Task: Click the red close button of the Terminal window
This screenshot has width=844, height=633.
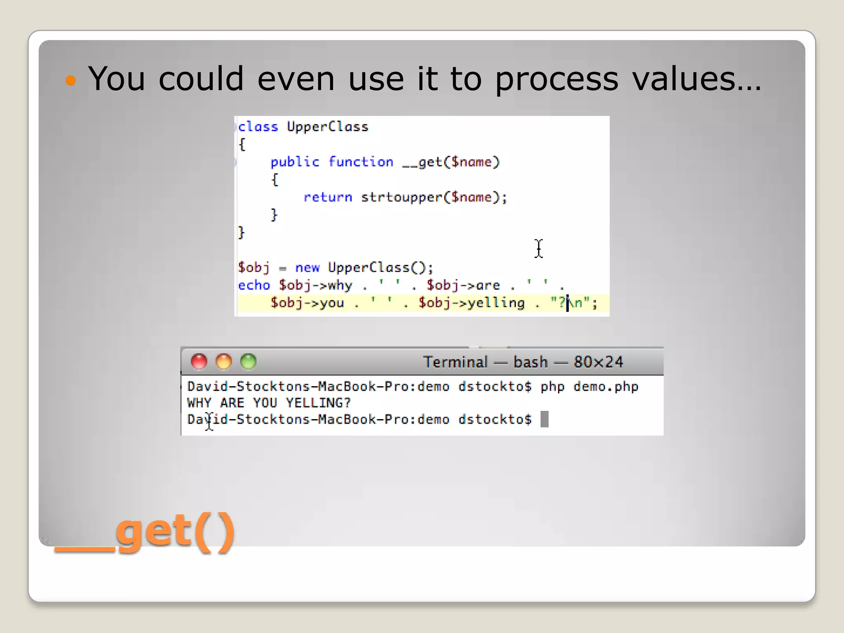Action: pos(199,361)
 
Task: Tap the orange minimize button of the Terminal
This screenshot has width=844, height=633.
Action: pos(224,361)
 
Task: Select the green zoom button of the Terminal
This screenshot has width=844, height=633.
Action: pos(249,361)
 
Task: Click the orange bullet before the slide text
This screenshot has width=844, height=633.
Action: pos(71,80)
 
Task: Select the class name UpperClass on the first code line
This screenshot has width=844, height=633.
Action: pos(327,127)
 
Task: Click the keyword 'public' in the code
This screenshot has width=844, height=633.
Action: pos(295,162)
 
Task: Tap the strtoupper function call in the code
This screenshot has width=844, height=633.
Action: pos(401,197)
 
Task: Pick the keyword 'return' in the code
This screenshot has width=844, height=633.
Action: pos(328,197)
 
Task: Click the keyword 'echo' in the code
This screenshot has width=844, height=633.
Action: pos(254,285)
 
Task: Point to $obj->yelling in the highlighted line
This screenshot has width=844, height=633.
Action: pos(471,303)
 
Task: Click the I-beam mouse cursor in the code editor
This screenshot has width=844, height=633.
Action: pos(539,249)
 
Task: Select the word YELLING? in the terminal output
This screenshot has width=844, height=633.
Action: pos(318,403)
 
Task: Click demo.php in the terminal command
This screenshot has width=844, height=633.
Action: pos(606,387)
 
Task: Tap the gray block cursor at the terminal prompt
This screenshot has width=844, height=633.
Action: pos(544,420)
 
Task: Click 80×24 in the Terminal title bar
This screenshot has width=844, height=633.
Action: pos(598,362)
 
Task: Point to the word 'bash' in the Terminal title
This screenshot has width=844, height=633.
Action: pos(530,362)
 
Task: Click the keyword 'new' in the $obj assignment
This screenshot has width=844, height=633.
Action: pos(307,268)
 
